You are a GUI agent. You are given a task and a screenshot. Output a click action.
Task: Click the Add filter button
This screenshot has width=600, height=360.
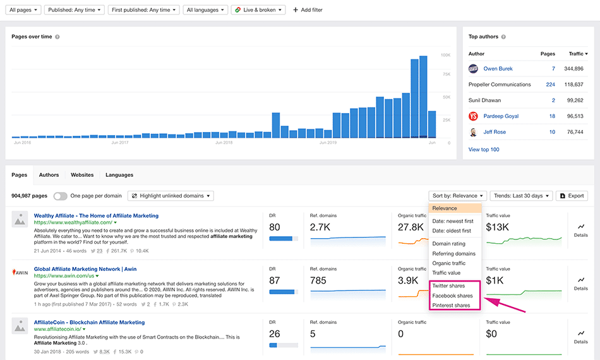coord(308,10)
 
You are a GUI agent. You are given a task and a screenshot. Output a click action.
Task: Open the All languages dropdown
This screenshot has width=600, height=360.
coord(205,10)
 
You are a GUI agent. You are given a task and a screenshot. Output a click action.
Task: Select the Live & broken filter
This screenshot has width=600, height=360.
coord(258,10)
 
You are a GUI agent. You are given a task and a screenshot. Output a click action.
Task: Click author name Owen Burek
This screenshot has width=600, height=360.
coord(498,69)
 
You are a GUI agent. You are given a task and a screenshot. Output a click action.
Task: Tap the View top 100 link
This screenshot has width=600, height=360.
coord(484,150)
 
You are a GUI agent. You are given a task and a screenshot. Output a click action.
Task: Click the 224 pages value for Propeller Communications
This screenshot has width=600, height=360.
coord(550,85)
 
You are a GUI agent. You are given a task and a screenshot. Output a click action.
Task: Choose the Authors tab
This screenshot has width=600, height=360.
coord(49,175)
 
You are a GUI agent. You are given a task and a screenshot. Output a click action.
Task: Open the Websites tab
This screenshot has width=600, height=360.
coord(82,175)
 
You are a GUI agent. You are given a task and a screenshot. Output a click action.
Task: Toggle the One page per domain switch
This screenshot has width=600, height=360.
coord(61,196)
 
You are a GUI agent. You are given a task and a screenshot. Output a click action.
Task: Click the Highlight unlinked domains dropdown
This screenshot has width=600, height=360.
coord(171,196)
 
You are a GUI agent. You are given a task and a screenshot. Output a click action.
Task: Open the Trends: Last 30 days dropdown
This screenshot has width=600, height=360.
coord(521,196)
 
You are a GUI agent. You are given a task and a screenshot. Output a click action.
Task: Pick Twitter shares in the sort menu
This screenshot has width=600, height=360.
coord(448,286)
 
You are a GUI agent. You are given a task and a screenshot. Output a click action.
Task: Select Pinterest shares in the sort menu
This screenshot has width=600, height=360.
coord(451,306)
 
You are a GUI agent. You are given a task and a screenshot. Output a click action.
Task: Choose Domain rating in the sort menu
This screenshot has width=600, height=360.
coord(448,244)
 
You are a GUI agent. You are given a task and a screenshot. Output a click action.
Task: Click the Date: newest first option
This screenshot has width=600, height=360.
coord(452,222)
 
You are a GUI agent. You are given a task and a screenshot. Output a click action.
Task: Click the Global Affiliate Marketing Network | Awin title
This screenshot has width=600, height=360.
coord(85,269)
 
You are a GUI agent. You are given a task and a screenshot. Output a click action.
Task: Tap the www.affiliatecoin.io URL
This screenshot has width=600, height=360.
coord(57,330)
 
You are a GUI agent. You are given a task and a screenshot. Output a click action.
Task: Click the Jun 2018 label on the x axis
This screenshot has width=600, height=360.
coord(224,143)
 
